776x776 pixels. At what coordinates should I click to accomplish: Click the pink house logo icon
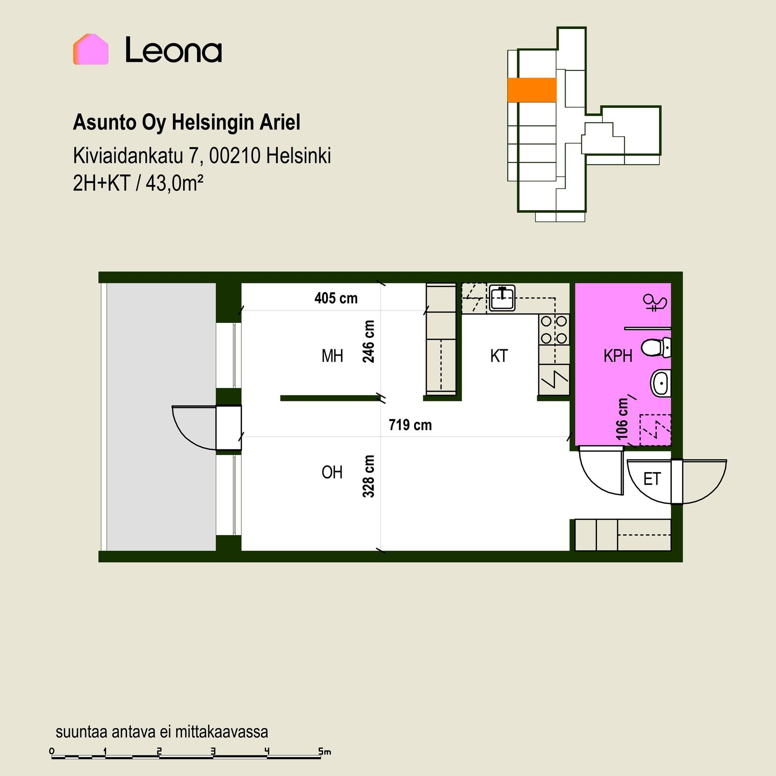[x=91, y=49]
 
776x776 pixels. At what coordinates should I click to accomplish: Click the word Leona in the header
[x=174, y=50]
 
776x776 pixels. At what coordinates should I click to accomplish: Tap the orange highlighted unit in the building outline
[x=532, y=89]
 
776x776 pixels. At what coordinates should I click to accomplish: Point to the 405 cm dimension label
[x=336, y=298]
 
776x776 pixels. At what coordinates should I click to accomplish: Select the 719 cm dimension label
[x=410, y=425]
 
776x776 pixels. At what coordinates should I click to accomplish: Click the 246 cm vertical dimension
[x=369, y=342]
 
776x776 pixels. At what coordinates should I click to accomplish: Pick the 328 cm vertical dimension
[x=369, y=476]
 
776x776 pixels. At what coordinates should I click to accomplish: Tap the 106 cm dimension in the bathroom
[x=622, y=419]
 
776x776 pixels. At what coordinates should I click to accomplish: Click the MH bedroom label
[x=332, y=356]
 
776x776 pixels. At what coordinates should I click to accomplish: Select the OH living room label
[x=332, y=472]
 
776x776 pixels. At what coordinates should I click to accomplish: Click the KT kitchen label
[x=499, y=356]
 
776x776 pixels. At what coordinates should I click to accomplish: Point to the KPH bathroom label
[x=618, y=356]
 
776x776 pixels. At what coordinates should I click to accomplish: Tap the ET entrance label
[x=652, y=479]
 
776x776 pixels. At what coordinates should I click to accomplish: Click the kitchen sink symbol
[x=502, y=298]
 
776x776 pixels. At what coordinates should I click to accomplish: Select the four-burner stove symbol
[x=554, y=329]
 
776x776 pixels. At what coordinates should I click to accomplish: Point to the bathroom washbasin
[x=660, y=383]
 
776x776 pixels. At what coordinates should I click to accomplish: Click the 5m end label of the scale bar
[x=325, y=752]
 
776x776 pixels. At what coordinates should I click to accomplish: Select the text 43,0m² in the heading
[x=174, y=184]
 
